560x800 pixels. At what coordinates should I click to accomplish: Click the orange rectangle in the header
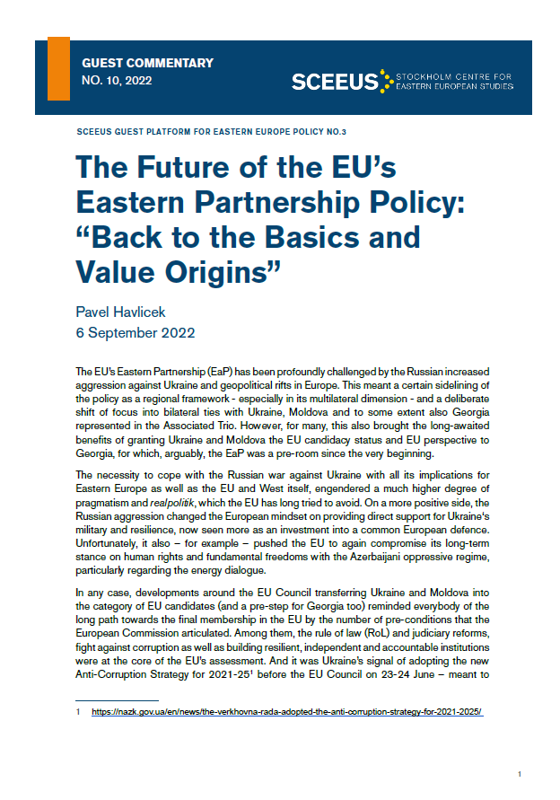click(x=58, y=68)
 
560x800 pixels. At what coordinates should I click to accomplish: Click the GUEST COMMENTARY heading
click(x=147, y=64)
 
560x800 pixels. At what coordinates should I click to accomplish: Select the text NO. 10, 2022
click(x=117, y=80)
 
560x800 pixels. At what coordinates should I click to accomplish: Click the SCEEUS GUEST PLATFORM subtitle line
click(x=213, y=131)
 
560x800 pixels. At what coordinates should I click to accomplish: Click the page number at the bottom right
click(x=520, y=773)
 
